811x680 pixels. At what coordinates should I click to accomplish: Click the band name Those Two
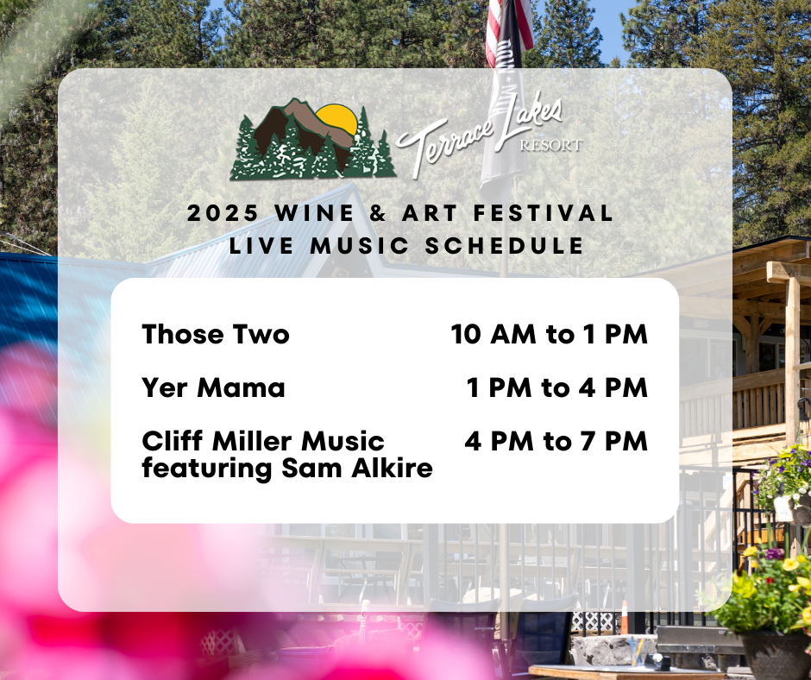point(216,334)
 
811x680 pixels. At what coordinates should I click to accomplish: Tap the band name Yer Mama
point(213,387)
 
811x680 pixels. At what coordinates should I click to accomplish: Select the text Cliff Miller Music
point(263,442)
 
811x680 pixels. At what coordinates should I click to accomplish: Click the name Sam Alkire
point(357,468)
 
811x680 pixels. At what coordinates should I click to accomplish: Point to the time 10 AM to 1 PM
point(550,334)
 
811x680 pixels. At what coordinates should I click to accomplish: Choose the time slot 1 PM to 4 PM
point(557,387)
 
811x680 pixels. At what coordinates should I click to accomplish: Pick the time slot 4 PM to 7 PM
point(556,442)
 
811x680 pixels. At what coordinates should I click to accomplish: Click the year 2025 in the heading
point(223,213)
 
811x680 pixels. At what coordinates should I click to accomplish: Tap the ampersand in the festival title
point(378,213)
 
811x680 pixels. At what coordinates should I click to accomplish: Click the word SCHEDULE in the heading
point(505,246)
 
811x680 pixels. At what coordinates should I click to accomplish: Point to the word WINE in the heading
point(314,213)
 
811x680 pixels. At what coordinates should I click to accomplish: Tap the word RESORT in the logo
point(550,146)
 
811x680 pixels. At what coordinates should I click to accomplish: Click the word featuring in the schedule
point(207,469)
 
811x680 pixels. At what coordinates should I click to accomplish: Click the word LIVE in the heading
point(261,246)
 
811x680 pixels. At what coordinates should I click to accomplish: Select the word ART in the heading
point(430,213)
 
